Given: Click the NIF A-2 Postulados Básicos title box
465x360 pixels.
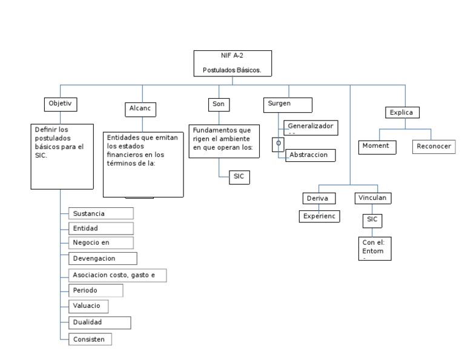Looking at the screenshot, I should (x=232, y=64).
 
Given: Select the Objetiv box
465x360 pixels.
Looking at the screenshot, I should (x=61, y=104).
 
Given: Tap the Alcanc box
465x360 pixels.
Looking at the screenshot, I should (x=139, y=109).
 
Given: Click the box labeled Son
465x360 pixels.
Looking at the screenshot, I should (x=218, y=105).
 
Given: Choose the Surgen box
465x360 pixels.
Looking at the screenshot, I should (x=288, y=104).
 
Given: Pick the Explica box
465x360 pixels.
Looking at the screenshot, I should (x=402, y=112).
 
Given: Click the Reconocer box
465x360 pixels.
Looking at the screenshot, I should (x=434, y=147).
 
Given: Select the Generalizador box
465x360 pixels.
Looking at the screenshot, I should (x=311, y=128).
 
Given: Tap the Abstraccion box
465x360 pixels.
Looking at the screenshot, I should (x=309, y=155).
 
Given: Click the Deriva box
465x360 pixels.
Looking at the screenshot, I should (x=318, y=198).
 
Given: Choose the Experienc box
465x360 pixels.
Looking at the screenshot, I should (x=320, y=216).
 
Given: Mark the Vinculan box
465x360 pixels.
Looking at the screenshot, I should (x=372, y=198).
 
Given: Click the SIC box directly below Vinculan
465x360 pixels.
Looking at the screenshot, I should (x=372, y=219).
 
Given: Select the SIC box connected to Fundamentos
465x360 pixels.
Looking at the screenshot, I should (x=239, y=177).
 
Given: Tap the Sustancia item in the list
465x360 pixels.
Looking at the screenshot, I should (x=101, y=213).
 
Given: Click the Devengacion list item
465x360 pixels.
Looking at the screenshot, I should (x=102, y=259).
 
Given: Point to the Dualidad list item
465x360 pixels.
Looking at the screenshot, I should (x=99, y=322).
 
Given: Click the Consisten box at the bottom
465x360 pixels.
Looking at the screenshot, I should (x=91, y=339).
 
